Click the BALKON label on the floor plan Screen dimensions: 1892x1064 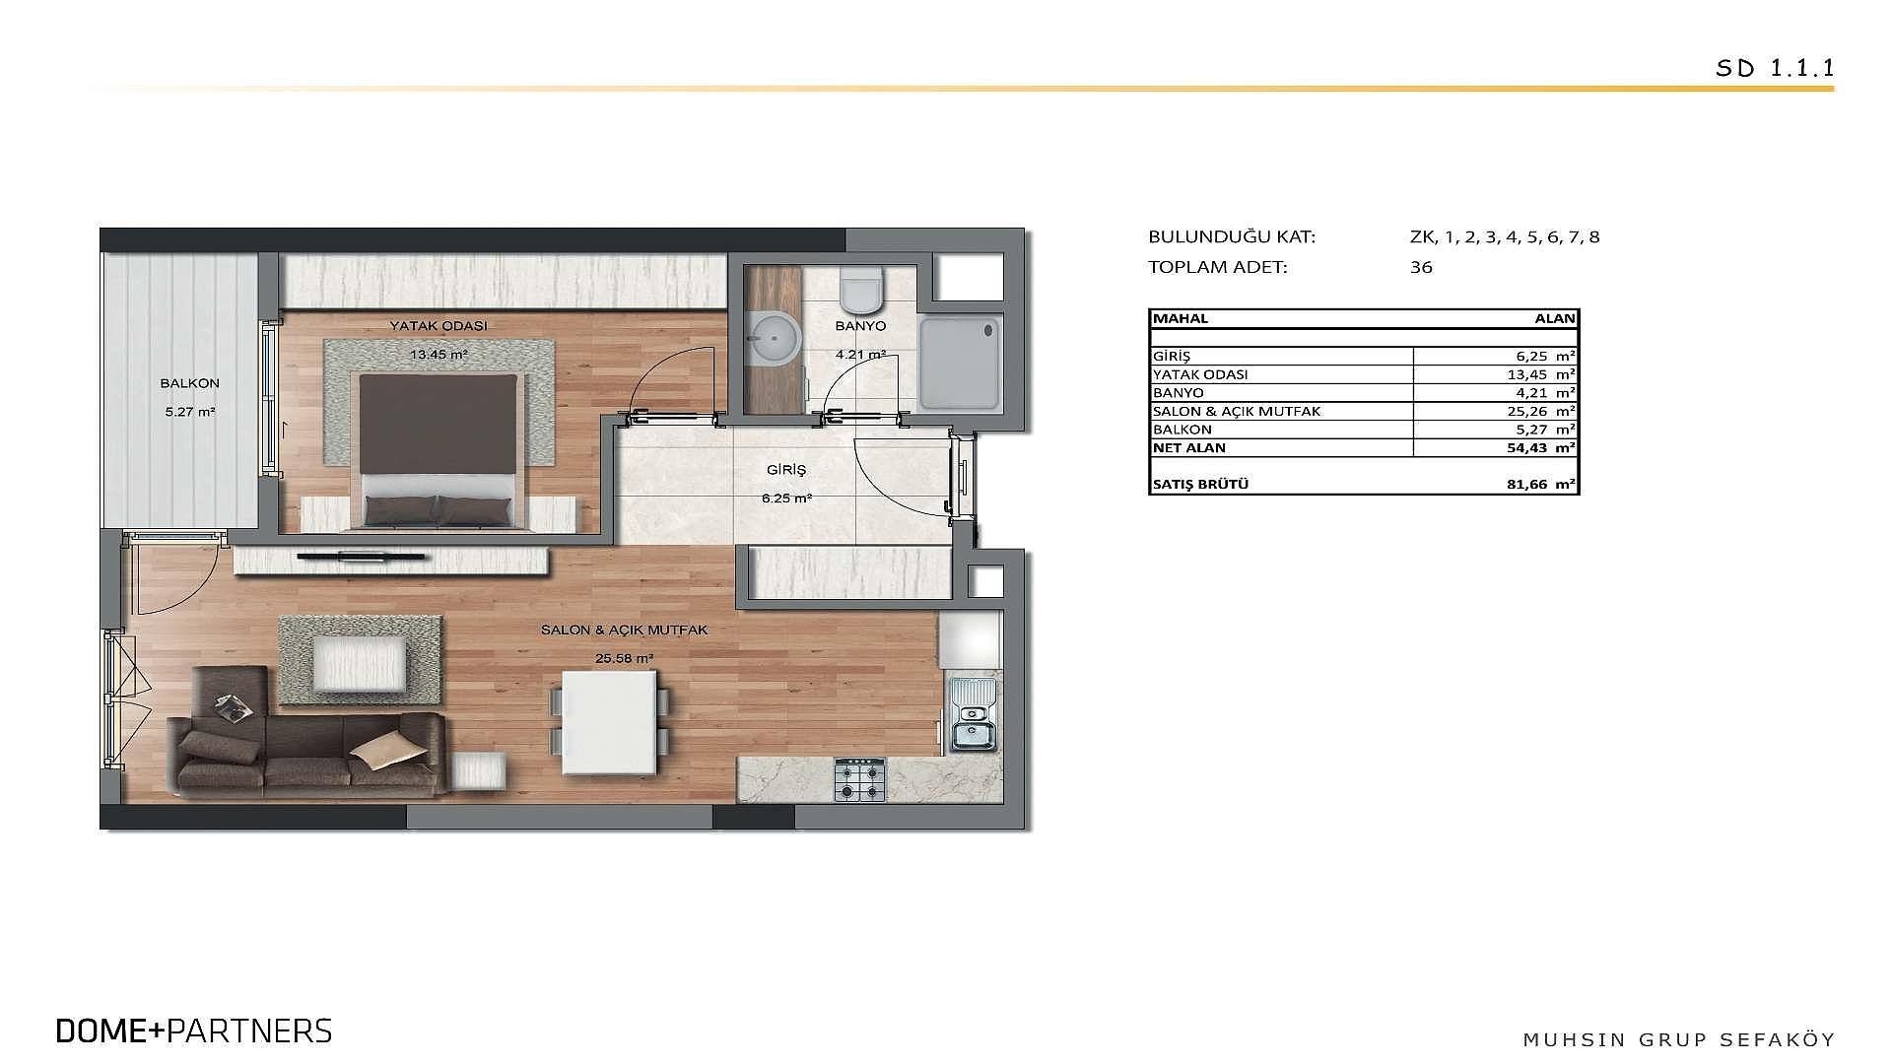[x=190, y=383]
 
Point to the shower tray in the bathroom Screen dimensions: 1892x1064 [x=961, y=363]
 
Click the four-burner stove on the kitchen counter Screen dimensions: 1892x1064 [x=860, y=779]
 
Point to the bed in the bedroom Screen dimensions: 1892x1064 [x=439, y=449]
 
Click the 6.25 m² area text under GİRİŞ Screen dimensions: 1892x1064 [x=786, y=499]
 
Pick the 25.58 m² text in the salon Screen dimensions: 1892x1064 [x=624, y=658]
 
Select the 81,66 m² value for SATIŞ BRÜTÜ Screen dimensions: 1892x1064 [x=1546, y=485]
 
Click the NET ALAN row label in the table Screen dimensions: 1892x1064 [x=1189, y=447]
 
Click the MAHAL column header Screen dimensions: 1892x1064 [x=1181, y=318]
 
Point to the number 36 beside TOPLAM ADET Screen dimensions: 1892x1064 [x=1421, y=267]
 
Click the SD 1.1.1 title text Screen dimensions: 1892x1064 [x=1774, y=68]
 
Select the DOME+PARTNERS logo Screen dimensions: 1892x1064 [x=194, y=1031]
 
